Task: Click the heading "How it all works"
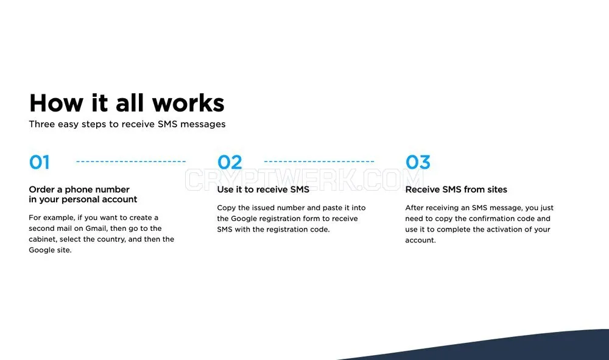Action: click(x=127, y=103)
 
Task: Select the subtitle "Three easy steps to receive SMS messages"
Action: click(x=127, y=124)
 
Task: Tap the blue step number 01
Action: click(x=39, y=162)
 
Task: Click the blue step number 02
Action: click(x=230, y=162)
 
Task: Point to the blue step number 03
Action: click(x=418, y=162)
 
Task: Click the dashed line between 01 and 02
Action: click(x=131, y=161)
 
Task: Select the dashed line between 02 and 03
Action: click(x=319, y=161)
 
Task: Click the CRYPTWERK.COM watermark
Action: click(x=304, y=180)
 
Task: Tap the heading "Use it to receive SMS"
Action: click(x=263, y=189)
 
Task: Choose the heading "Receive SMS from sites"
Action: click(x=456, y=189)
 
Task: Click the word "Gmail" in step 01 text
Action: click(x=96, y=228)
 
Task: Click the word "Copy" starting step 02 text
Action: click(x=226, y=208)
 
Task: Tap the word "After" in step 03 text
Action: click(x=414, y=208)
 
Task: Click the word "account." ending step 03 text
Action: click(x=420, y=241)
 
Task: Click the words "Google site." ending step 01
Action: click(x=50, y=250)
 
